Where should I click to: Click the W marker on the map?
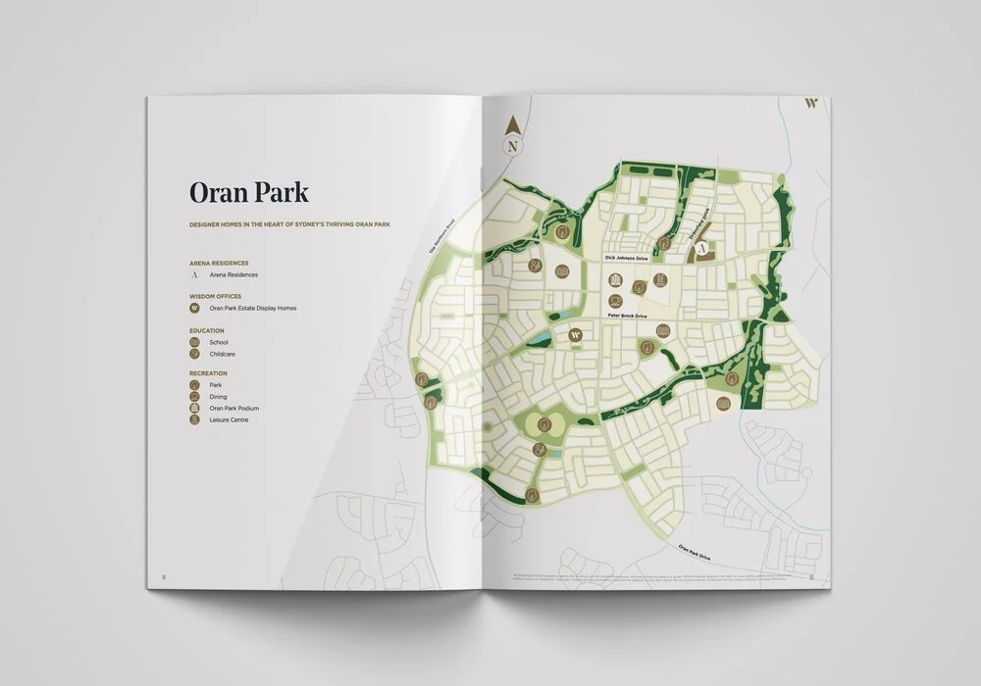click(576, 335)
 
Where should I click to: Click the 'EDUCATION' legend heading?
click(207, 331)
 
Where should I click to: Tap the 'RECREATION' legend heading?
click(208, 373)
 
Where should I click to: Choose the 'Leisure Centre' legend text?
click(230, 419)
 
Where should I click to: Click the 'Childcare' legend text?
click(223, 354)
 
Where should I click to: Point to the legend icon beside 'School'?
click(194, 342)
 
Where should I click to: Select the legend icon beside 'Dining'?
click(194, 396)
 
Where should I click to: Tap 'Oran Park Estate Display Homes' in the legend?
click(253, 308)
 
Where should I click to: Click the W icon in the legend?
click(194, 308)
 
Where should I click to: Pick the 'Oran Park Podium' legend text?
click(234, 408)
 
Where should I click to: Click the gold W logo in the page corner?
click(810, 102)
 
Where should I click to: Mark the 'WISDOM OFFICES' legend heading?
click(215, 296)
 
